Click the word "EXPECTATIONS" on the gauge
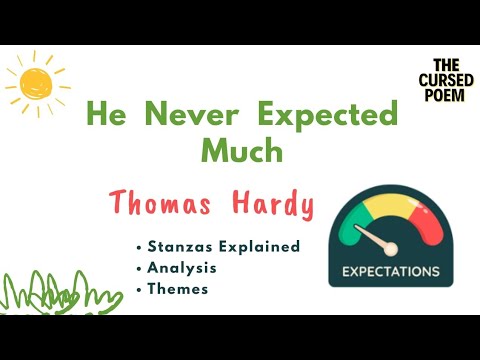(390, 271)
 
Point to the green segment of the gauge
(351, 225)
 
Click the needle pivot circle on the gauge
(391, 248)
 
